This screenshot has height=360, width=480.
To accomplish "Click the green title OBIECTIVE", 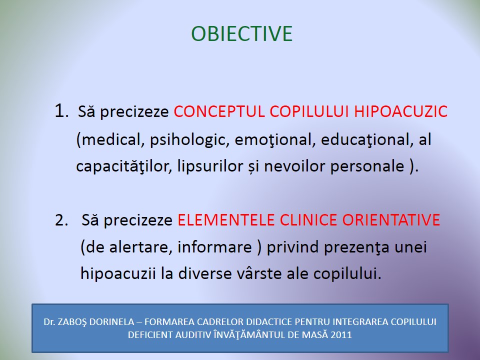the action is click(242, 33).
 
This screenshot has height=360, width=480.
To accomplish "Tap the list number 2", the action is click(61, 220).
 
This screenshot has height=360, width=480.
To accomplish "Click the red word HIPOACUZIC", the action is click(400, 111).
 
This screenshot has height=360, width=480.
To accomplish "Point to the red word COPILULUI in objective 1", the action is click(309, 111).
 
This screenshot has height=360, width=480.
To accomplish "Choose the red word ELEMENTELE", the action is click(226, 220).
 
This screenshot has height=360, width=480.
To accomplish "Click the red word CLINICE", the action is click(308, 220).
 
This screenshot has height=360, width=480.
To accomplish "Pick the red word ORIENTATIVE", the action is click(391, 220).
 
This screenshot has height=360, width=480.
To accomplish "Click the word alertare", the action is click(140, 247).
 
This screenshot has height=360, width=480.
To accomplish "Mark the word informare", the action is click(214, 247).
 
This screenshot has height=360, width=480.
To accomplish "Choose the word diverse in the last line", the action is click(205, 273).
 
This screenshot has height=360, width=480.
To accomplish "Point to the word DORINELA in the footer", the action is click(111, 322).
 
